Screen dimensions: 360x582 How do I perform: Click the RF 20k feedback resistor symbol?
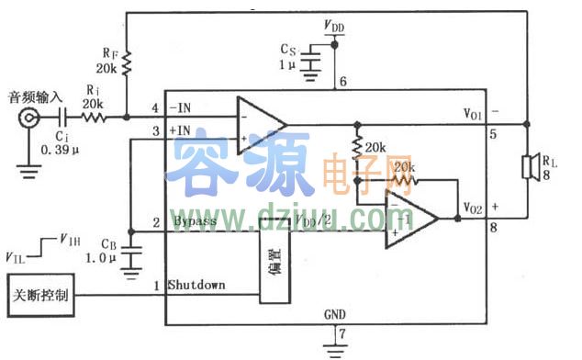click(x=127, y=62)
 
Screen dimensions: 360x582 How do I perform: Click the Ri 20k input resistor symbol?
click(x=94, y=118)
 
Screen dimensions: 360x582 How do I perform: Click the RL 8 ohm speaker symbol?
click(x=530, y=168)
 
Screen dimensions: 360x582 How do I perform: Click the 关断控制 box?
click(x=39, y=297)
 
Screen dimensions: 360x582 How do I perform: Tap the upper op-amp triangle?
click(x=260, y=124)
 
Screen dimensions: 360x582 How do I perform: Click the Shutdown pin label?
click(x=196, y=285)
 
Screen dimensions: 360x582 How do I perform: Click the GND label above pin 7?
click(x=335, y=315)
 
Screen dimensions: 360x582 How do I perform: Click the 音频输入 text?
click(x=34, y=96)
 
